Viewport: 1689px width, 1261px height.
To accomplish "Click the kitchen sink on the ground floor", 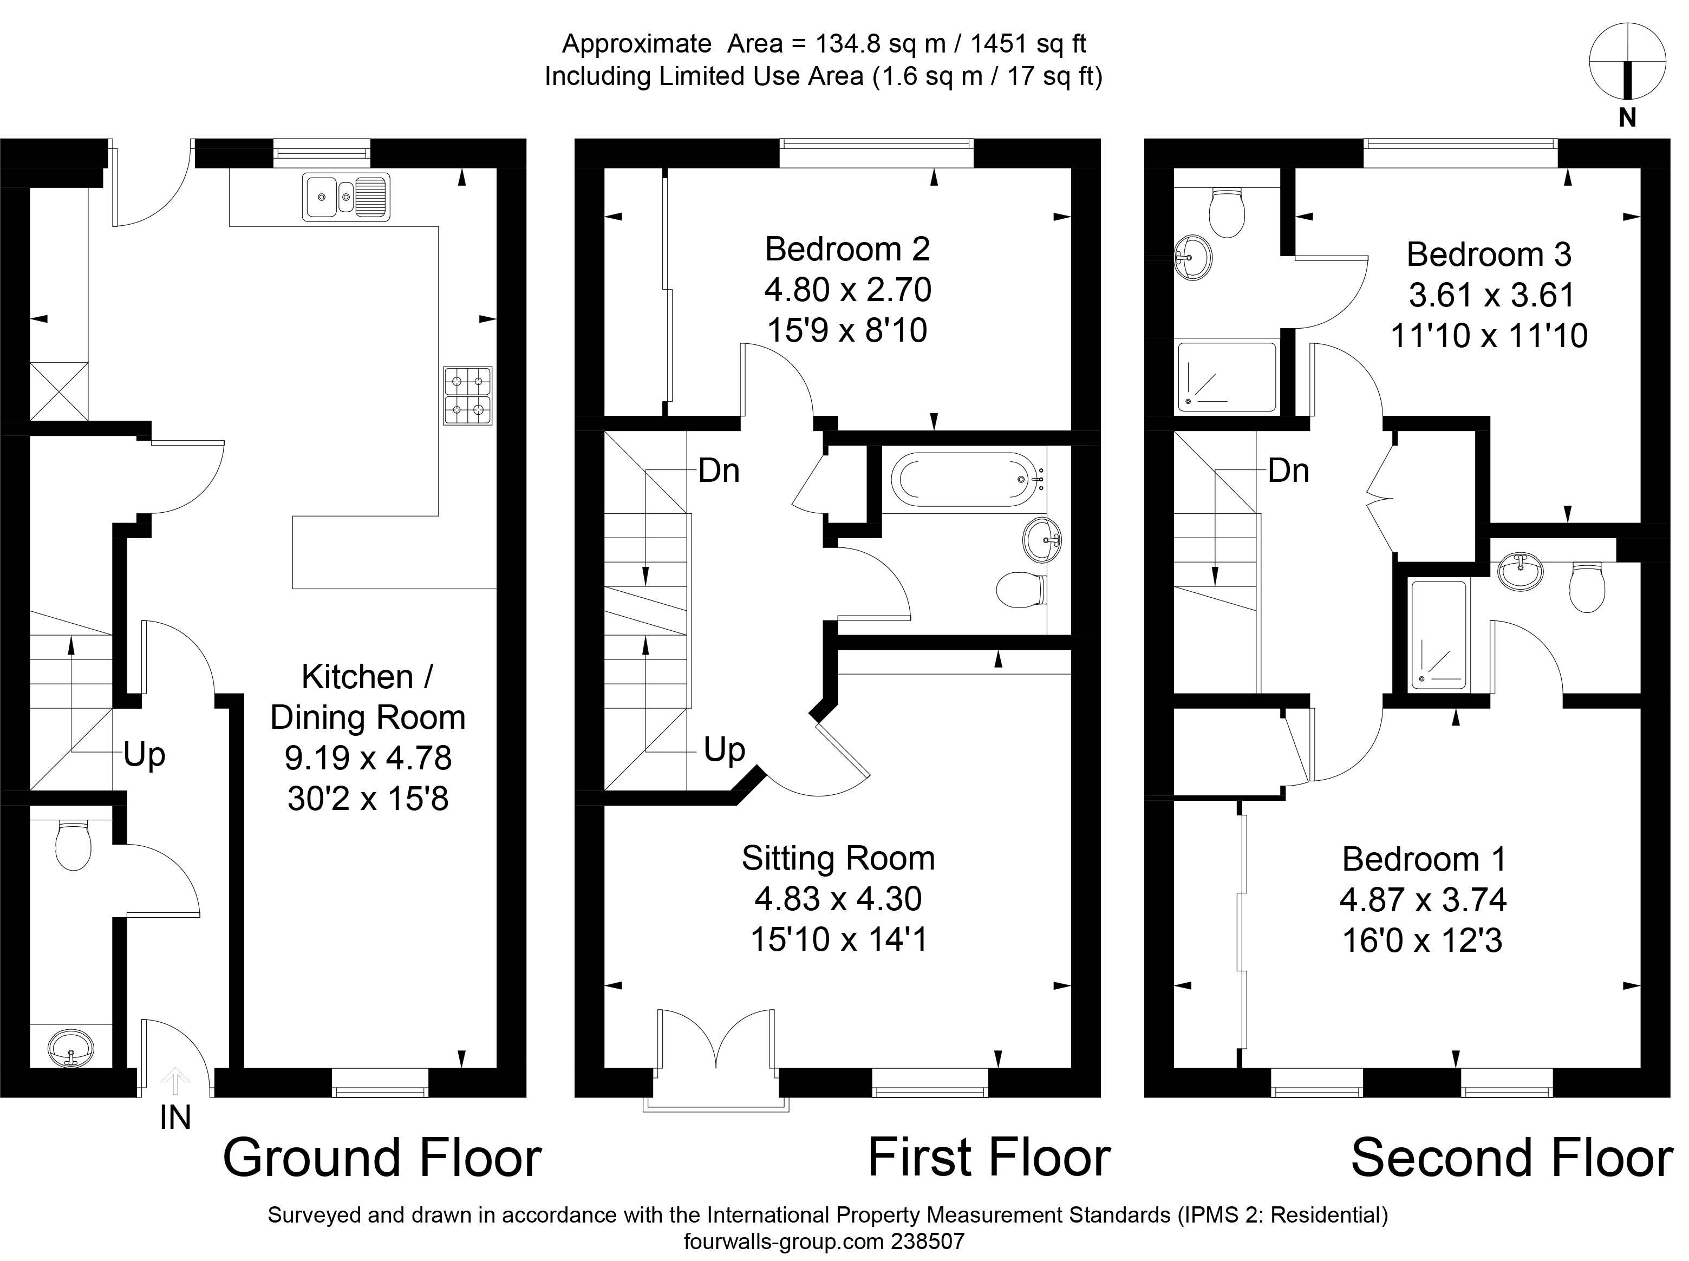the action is (x=345, y=198).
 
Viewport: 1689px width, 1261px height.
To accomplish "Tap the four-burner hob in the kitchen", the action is (x=468, y=395).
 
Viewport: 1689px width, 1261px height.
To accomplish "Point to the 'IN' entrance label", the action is (x=175, y=1118).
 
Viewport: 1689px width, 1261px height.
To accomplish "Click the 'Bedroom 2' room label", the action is (x=847, y=249).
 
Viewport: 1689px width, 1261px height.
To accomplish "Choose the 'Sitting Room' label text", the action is (x=838, y=858).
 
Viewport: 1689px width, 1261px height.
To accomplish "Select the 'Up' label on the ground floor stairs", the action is (x=144, y=754).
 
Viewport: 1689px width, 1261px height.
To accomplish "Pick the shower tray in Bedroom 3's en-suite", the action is (x=1227, y=377).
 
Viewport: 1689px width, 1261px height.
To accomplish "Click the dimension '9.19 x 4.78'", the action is (x=368, y=758).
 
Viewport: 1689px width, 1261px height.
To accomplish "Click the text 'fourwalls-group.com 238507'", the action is (x=824, y=1241).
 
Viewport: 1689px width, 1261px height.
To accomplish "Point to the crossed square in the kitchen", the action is (x=60, y=391).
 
